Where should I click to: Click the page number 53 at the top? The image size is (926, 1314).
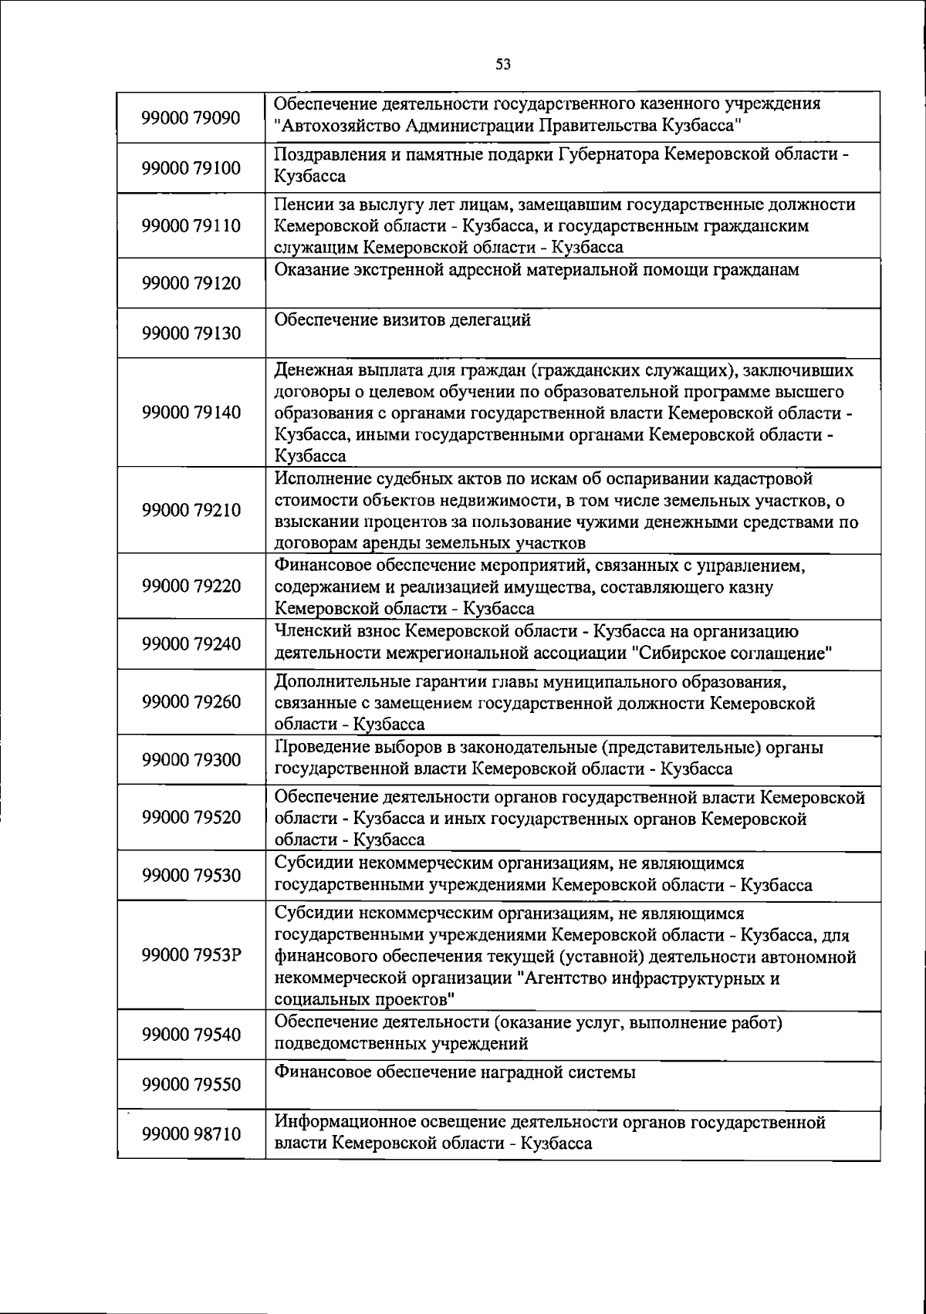click(503, 65)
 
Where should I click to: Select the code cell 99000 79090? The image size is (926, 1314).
click(191, 118)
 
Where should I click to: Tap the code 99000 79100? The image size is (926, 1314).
click(191, 168)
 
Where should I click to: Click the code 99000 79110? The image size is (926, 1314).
click(191, 226)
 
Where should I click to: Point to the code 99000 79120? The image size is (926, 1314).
click(191, 283)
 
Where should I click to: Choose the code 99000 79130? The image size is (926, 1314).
click(191, 333)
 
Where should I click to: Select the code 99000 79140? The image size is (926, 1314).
click(191, 412)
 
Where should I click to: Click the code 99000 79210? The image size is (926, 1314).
click(191, 510)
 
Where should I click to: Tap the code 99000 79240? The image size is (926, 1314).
click(191, 643)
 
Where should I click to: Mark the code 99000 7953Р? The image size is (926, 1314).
click(191, 955)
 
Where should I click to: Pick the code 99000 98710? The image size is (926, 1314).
click(191, 1134)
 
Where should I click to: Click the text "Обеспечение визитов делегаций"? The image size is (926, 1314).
click(403, 320)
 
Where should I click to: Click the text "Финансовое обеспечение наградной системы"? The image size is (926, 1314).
click(455, 1072)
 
